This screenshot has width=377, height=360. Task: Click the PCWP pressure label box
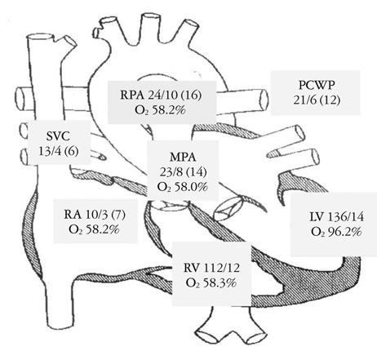point(315,93)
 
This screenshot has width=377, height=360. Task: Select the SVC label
point(58,136)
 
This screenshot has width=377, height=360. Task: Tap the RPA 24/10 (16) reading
point(161,96)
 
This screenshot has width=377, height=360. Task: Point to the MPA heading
point(183,158)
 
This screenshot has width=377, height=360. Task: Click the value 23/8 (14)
point(183,172)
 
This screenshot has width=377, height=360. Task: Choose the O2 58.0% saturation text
point(183,187)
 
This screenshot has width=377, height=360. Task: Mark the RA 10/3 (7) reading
point(95,215)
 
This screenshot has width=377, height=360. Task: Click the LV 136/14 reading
point(336,217)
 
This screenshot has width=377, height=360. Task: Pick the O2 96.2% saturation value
point(336,232)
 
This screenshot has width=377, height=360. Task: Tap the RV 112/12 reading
point(211,268)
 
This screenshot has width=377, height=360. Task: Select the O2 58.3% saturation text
point(211,283)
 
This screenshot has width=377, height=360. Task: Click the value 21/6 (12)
point(317,100)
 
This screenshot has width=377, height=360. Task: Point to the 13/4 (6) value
point(59,151)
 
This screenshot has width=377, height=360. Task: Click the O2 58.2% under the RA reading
point(95,229)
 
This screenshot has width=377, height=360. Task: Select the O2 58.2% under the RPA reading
point(161,110)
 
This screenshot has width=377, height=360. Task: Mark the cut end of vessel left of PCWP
point(264,100)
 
